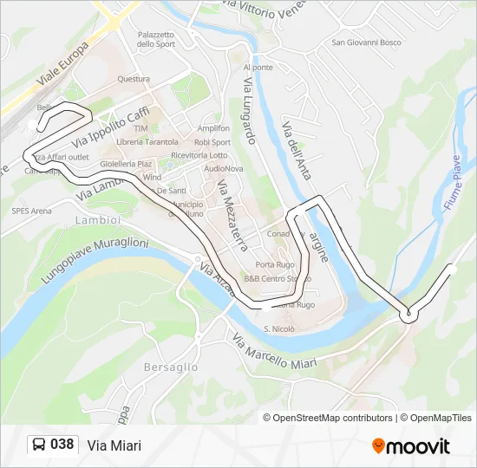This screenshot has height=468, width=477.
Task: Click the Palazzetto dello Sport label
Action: tap(157, 39)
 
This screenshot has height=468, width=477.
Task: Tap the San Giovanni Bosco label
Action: tap(367, 42)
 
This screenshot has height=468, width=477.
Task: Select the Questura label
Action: tap(134, 79)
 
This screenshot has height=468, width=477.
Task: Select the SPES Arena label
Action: tap(31, 210)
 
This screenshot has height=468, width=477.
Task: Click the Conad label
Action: tap(278, 233)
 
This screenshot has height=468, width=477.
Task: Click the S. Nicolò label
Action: tap(278, 329)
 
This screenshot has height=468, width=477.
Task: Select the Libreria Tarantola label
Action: tap(147, 142)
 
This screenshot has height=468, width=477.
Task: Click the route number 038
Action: tap(62, 445)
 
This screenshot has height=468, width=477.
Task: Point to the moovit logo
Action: tap(411, 445)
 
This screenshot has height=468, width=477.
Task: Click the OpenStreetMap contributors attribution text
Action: tap(334, 418)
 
